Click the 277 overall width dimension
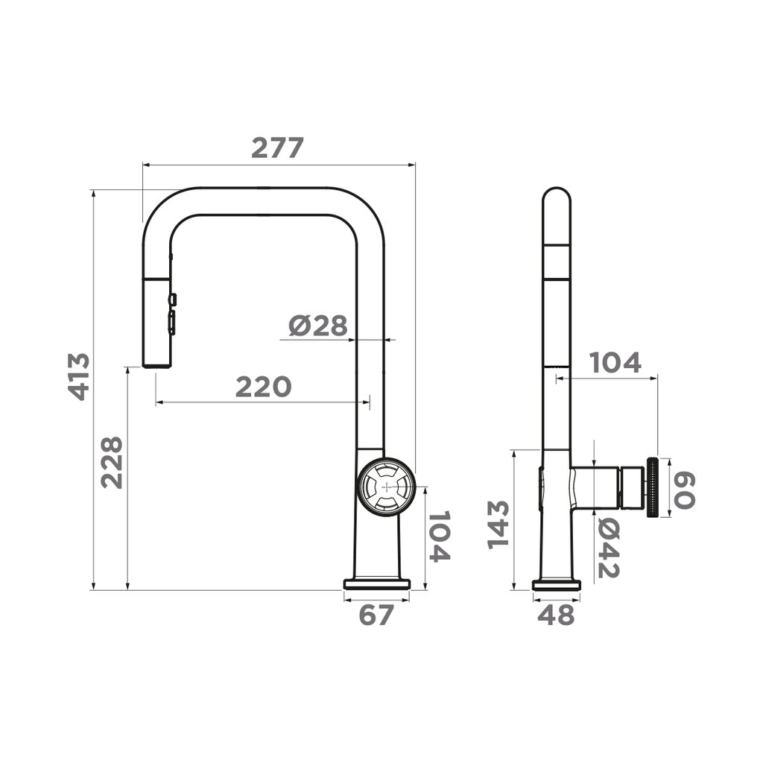tap(277, 148)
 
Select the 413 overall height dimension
tap(79, 376)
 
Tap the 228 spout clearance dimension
tap(112, 462)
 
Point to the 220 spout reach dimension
tap(263, 387)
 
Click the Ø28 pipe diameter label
tap(318, 326)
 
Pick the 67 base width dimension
tap(376, 615)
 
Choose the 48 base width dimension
tap(556, 615)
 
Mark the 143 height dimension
tap(498, 525)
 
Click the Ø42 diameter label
tap(608, 548)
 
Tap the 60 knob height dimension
tap(684, 491)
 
